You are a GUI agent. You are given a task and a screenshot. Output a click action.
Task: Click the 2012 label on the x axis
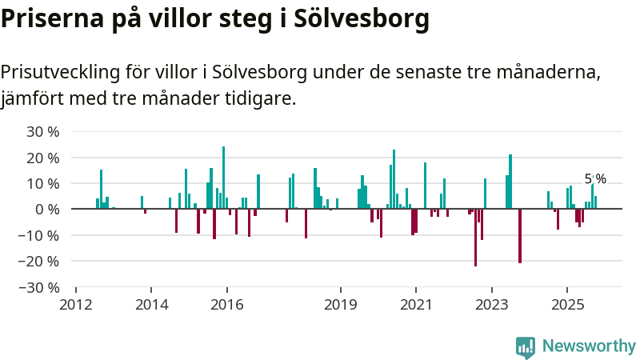click(76, 305)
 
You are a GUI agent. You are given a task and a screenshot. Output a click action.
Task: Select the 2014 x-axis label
click(152, 305)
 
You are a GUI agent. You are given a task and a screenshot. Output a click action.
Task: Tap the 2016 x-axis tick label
click(227, 305)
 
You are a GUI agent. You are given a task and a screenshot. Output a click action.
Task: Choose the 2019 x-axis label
click(341, 305)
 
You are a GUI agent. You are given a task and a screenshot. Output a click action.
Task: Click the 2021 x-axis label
click(416, 305)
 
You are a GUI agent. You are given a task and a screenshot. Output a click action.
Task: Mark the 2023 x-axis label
click(491, 305)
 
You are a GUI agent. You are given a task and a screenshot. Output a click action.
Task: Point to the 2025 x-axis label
click(566, 305)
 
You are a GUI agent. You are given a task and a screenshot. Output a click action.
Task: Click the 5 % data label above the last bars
click(595, 179)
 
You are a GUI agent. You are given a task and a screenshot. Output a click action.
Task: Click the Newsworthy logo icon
click(526, 346)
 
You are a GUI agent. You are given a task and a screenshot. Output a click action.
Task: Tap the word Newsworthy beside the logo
click(589, 346)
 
